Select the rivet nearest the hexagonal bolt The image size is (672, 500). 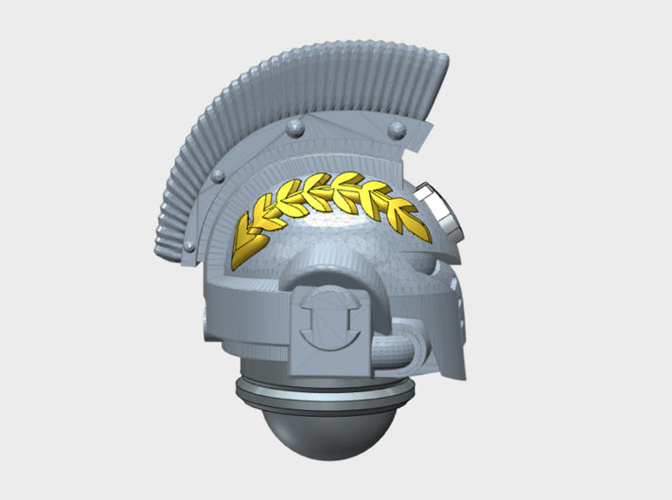(398, 127)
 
